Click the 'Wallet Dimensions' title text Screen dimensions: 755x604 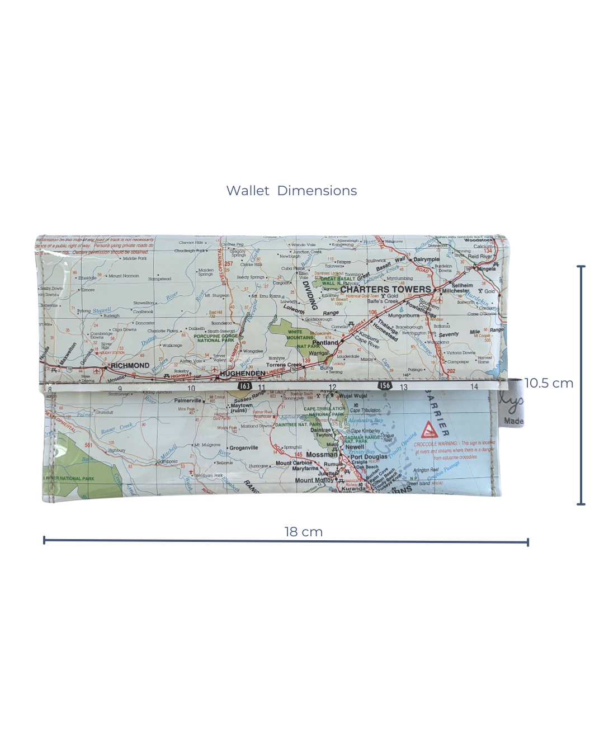[291, 191]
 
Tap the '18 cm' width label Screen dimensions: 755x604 [303, 532]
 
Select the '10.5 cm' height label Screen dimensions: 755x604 [549, 383]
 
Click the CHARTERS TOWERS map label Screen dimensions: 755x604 [386, 289]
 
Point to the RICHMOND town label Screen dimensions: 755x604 [130, 366]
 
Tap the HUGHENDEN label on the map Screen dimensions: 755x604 [242, 373]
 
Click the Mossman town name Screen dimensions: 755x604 [322, 455]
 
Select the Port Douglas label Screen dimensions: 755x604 [369, 457]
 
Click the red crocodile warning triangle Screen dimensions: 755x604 [429, 430]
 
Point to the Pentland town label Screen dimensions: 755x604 [325, 342]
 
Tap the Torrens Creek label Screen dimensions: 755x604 [284, 365]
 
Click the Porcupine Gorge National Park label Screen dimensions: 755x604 [216, 338]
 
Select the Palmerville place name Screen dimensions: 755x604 [187, 400]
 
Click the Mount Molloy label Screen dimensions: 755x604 [314, 480]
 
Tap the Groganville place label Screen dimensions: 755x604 [243, 447]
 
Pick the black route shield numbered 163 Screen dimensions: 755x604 [245, 386]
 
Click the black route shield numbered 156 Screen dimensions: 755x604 [385, 385]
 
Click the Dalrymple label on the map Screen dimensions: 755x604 [426, 259]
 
